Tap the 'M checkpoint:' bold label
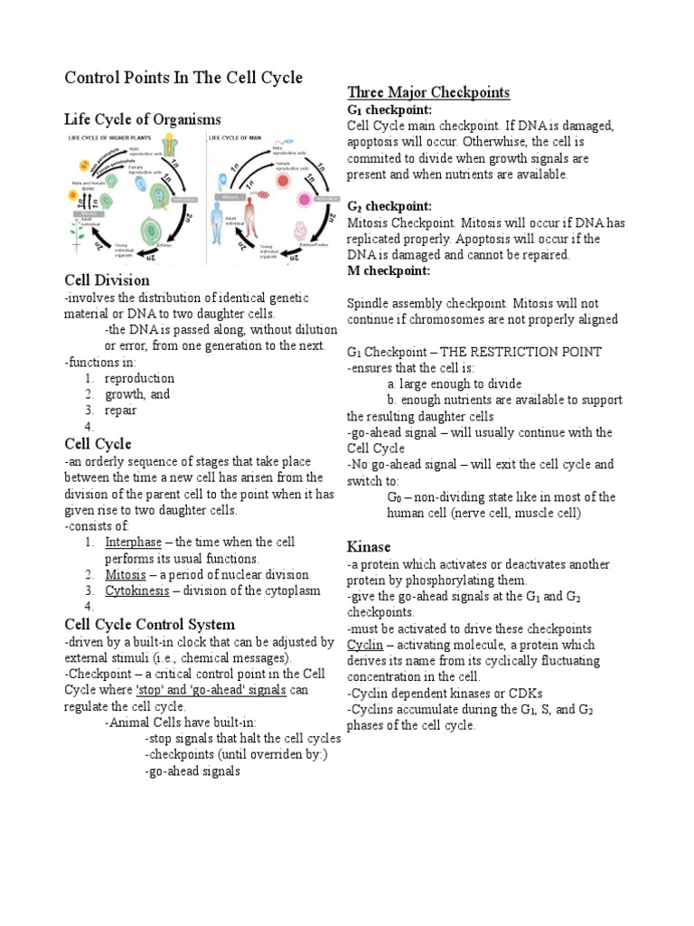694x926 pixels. click(x=388, y=270)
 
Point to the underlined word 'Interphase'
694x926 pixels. click(x=133, y=542)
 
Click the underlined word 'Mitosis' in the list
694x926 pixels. click(x=126, y=574)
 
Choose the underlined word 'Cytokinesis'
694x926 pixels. click(x=136, y=591)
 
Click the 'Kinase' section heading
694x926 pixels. click(x=369, y=546)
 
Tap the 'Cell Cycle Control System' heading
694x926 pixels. click(x=149, y=624)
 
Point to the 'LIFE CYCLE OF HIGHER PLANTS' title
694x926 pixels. click(x=122, y=137)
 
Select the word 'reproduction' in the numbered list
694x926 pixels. click(x=139, y=378)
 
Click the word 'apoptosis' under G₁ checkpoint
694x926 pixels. click(x=378, y=142)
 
